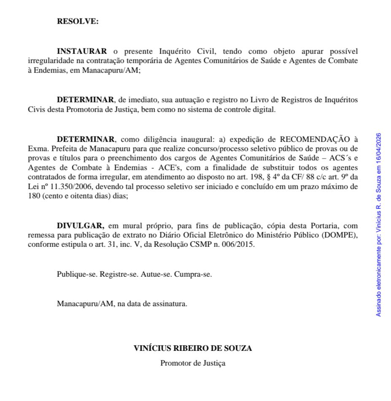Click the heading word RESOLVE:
[x=78, y=21]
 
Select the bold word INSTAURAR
[x=82, y=51]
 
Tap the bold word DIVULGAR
[x=81, y=226]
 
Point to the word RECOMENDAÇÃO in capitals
[x=317, y=139]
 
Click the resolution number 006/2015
[x=240, y=244]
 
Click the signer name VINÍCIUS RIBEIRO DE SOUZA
[x=193, y=348]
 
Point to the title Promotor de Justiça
[x=193, y=363]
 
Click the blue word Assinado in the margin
[x=378, y=304]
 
